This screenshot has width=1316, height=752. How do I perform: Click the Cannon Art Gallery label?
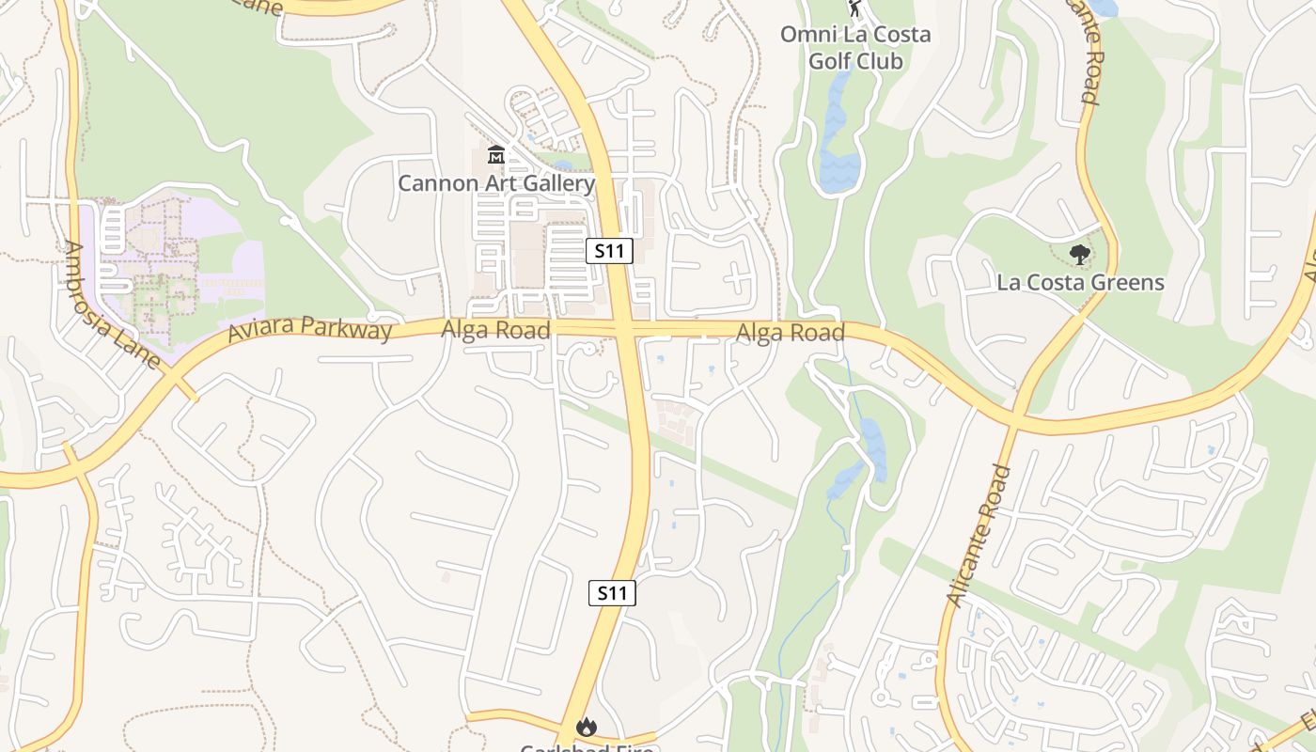point(496,183)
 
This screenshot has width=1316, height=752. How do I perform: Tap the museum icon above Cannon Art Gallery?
point(496,154)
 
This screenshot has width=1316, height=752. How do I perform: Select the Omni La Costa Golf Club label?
point(855,48)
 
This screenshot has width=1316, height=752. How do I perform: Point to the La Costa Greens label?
point(1080,282)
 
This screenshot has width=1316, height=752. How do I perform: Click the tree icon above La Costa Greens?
point(1080,254)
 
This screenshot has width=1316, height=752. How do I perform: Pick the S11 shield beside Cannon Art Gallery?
point(609,251)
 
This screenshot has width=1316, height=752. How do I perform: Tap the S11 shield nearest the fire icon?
point(612,593)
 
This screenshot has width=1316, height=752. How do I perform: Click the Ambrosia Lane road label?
point(111,305)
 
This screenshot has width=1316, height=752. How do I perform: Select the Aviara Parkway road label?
point(309,328)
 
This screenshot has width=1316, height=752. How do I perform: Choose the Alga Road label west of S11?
point(495,330)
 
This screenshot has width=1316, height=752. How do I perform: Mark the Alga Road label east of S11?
point(790,333)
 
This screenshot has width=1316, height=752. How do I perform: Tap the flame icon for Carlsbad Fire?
point(587,727)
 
